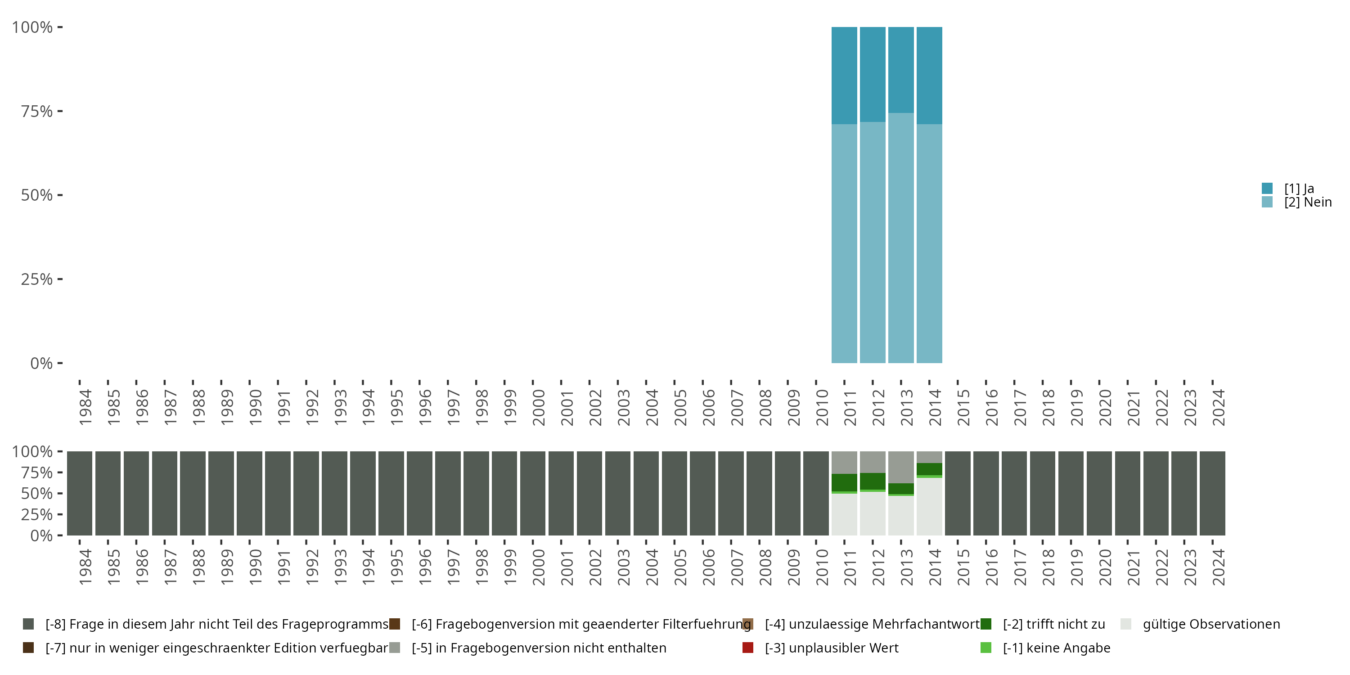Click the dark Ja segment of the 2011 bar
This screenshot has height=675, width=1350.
tap(844, 76)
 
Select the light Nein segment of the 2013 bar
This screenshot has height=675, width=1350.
tap(901, 238)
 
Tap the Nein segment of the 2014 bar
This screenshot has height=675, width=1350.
tap(929, 244)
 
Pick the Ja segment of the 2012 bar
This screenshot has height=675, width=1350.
tap(873, 74)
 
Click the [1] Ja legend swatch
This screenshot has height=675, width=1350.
tap(1267, 188)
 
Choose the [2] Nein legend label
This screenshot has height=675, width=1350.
tap(1308, 202)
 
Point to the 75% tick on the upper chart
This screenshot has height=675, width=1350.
tap(37, 111)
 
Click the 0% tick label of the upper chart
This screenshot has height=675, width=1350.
tap(41, 363)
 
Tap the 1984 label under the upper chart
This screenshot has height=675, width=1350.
tap(85, 407)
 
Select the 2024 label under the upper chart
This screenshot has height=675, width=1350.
tap(1219, 407)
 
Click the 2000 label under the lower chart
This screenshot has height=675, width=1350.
tap(538, 567)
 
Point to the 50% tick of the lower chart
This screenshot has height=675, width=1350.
tap(37, 494)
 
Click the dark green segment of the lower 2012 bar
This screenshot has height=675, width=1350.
tap(873, 481)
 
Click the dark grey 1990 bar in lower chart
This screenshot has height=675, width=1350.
tap(249, 493)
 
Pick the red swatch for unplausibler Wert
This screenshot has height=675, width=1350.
tap(748, 648)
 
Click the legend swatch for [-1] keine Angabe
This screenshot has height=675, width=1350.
tap(986, 648)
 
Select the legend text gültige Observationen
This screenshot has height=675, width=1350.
tap(1211, 624)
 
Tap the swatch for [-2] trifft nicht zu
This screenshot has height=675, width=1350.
tap(986, 624)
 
